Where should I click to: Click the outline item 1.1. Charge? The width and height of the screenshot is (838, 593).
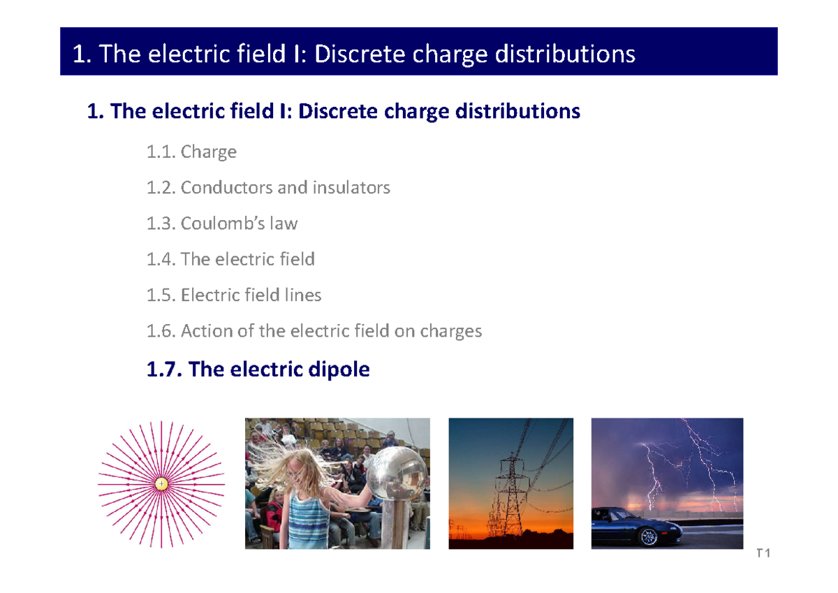pos(191,152)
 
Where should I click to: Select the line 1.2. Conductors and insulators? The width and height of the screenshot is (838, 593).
pos(268,187)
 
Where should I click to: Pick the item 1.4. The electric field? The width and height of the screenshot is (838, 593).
pos(230,259)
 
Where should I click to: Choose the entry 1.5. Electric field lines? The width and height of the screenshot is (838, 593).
pos(234,295)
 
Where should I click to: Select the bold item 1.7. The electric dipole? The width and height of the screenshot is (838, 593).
pos(258,369)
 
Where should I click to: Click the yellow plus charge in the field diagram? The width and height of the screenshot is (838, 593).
pos(161,483)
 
